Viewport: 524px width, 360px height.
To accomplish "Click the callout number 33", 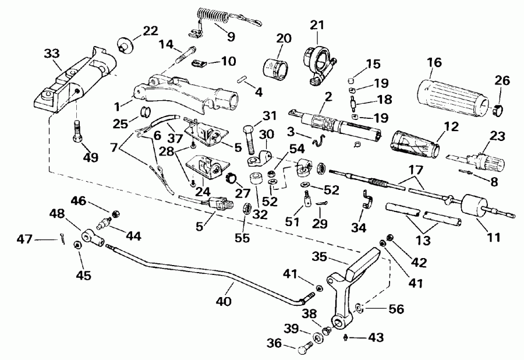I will click(51, 55).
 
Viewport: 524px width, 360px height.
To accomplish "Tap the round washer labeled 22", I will click(123, 45).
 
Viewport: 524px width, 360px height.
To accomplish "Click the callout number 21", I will click(316, 25).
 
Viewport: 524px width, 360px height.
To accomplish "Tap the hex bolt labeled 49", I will click(76, 133).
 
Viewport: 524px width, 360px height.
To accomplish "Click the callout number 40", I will click(224, 301).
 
